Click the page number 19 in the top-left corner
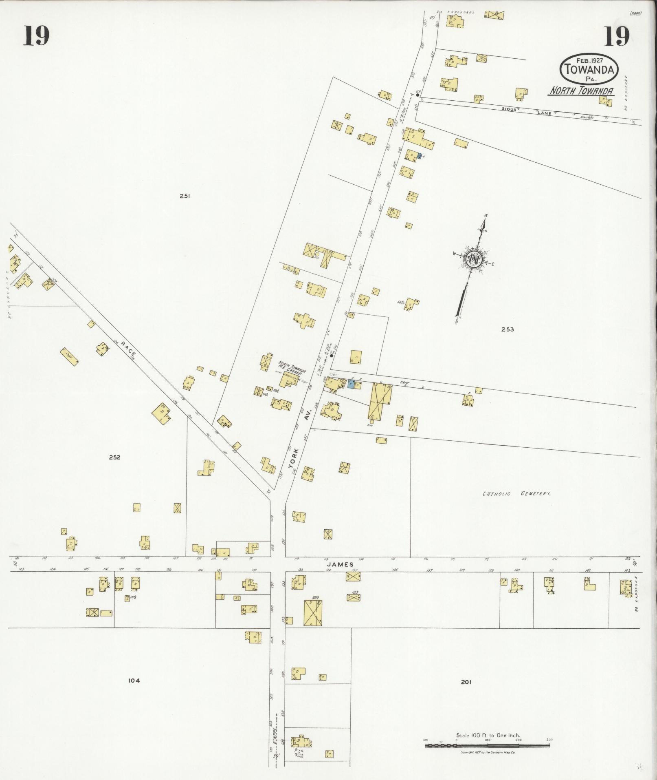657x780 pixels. pos(36,35)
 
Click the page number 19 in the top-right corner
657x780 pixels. pos(616,35)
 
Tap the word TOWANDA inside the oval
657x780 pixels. pos(589,69)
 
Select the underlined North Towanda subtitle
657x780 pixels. pos(581,91)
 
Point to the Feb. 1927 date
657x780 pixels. pos(589,60)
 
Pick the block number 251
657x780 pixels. pos(185,196)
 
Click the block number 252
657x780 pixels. pos(114,457)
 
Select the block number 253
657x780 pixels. pos(508,329)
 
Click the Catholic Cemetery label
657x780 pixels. pos(516,494)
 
